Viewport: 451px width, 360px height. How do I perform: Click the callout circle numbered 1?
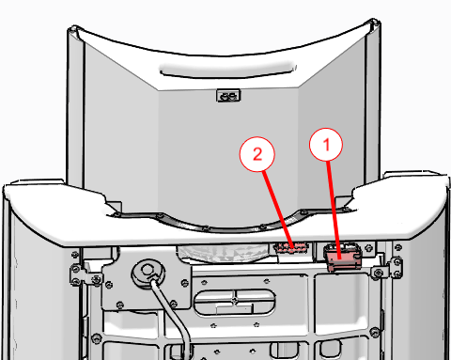(326, 145)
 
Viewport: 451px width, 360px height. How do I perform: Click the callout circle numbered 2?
(257, 154)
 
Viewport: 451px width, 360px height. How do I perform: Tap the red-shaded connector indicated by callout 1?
(342, 258)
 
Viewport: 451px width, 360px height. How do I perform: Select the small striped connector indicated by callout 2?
(291, 247)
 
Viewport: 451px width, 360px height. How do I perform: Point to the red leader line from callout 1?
(334, 210)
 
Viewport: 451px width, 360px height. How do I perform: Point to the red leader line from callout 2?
(279, 210)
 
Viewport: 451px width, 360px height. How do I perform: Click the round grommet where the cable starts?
(148, 272)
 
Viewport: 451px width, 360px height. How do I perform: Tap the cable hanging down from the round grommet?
(173, 317)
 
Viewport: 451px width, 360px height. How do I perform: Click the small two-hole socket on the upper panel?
(228, 96)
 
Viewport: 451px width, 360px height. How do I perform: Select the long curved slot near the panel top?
(228, 72)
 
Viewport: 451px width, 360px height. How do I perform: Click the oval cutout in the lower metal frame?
(235, 302)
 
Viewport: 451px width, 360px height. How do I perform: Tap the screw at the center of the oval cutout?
(235, 300)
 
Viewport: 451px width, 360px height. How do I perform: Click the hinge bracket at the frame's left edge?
(86, 274)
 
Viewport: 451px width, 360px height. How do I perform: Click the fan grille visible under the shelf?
(223, 253)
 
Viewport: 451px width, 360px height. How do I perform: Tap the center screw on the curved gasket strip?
(205, 229)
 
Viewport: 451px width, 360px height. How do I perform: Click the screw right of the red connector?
(369, 247)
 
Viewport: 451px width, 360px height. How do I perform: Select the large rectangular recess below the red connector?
(343, 303)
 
